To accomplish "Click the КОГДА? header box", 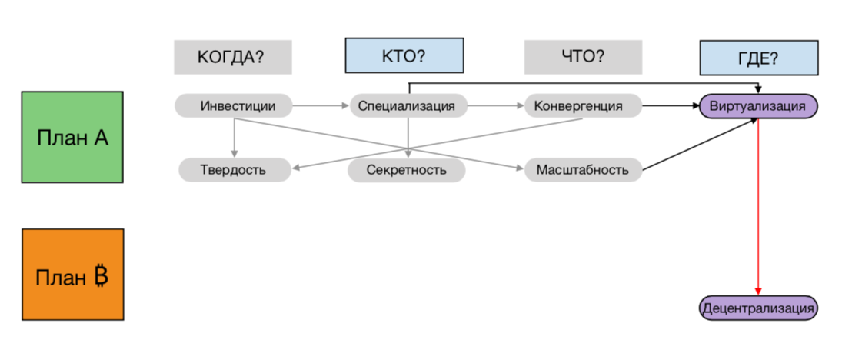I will pyautogui.click(x=232, y=57).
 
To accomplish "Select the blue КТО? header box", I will pyautogui.click(x=404, y=56).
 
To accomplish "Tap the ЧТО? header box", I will pyautogui.click(x=583, y=57).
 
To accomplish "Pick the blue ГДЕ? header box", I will pyautogui.click(x=758, y=58).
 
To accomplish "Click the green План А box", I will pyautogui.click(x=72, y=137).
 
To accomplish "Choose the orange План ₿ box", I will pyautogui.click(x=72, y=275).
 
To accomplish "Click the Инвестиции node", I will pyautogui.click(x=234, y=105).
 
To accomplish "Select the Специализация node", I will pyautogui.click(x=408, y=105).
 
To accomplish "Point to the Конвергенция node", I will pyautogui.click(x=584, y=105).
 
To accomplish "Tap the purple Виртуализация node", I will pyautogui.click(x=758, y=106).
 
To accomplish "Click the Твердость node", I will pyautogui.click(x=235, y=170).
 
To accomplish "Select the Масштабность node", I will pyautogui.click(x=583, y=170).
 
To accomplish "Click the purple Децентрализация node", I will pyautogui.click(x=758, y=308).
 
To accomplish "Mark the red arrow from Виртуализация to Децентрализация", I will pyautogui.click(x=758, y=208).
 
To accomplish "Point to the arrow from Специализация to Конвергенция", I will pyautogui.click(x=496, y=105).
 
